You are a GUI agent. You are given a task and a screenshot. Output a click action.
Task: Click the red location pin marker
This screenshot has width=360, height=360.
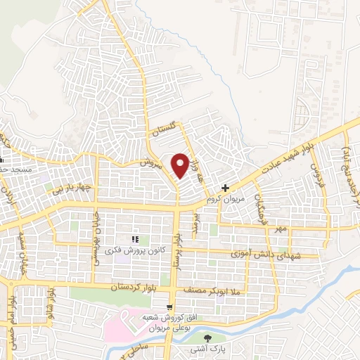click(181, 165)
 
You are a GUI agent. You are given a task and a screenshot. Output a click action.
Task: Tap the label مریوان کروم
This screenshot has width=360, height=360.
click(224, 200)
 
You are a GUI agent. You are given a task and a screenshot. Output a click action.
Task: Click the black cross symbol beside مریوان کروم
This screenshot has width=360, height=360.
click(225, 188)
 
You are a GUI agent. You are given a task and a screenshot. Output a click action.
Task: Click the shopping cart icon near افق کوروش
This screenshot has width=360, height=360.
click(171, 307)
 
